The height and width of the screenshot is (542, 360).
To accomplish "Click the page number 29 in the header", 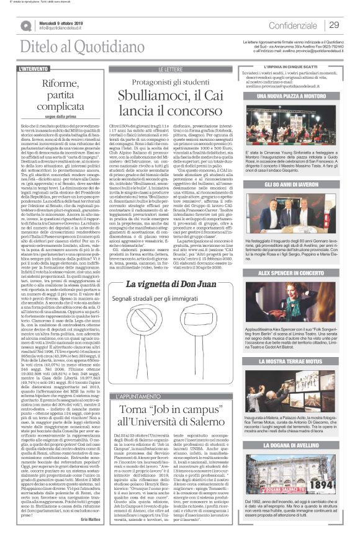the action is (x=334, y=25).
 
